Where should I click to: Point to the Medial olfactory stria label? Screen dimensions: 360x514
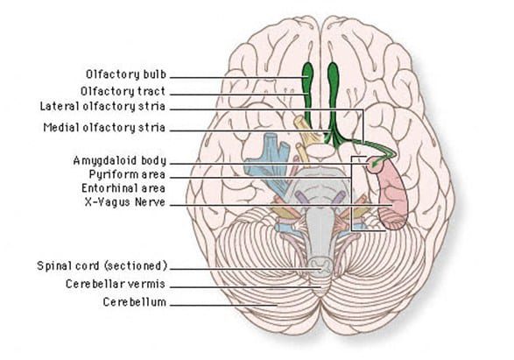pos(117,127)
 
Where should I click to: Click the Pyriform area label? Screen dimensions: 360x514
pos(133,175)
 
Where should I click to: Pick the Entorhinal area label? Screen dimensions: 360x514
pos(129,188)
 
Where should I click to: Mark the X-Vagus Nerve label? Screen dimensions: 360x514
pos(129,202)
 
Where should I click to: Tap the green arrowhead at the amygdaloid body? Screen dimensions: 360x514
pos(375,162)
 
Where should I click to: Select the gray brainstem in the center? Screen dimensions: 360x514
pos(321,210)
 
